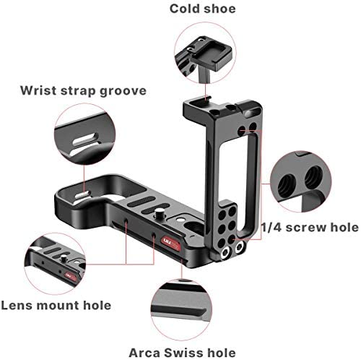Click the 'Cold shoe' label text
pyautogui.click(x=203, y=9)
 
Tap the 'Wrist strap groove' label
pyautogui.click(x=83, y=91)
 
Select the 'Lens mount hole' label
pyautogui.click(x=56, y=306)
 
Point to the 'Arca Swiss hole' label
pyautogui.click(x=182, y=353)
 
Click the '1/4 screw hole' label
pyautogui.click(x=310, y=228)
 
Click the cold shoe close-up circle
pyautogui.click(x=205, y=53)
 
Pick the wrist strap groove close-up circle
pyautogui.click(x=84, y=134)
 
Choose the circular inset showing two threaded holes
pyautogui.click(x=301, y=181)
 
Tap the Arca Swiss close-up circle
pyautogui.click(x=182, y=309)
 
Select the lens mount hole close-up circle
pyautogui.click(x=55, y=264)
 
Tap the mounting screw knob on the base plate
pyautogui.click(x=159, y=213)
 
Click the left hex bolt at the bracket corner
pyautogui.click(x=225, y=253)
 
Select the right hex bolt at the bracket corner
pyautogui.click(x=240, y=247)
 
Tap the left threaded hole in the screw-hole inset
pyautogui.click(x=287, y=187)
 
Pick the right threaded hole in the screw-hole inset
pyautogui.click(x=313, y=177)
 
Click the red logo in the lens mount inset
pyautogui.click(x=71, y=277)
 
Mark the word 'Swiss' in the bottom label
pyautogui.click(x=185, y=353)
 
